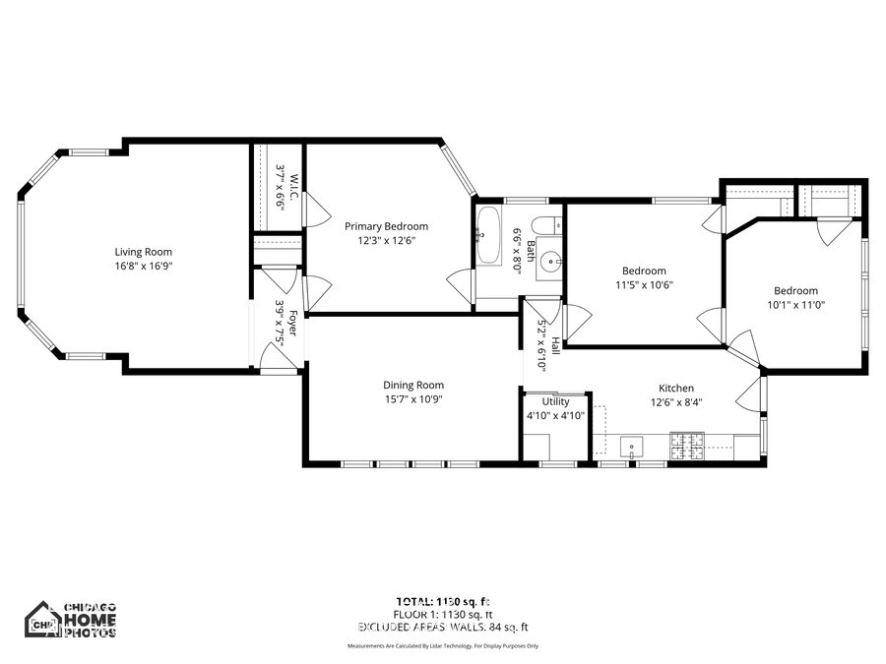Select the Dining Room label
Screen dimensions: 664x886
point(413,385)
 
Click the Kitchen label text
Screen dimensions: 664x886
point(675,388)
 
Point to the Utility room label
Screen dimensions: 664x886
point(555,401)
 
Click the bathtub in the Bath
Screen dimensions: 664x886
point(487,235)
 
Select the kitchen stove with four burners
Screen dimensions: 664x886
point(687,447)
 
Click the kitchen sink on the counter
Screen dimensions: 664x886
point(630,448)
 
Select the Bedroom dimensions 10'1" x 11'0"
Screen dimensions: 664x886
point(794,305)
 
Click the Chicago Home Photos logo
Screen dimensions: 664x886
point(71,620)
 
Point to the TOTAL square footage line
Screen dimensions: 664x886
point(442,600)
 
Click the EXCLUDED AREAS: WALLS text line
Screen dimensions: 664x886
point(442,626)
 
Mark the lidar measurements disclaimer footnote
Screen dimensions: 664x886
point(442,646)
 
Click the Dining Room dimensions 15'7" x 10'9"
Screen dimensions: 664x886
point(413,400)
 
